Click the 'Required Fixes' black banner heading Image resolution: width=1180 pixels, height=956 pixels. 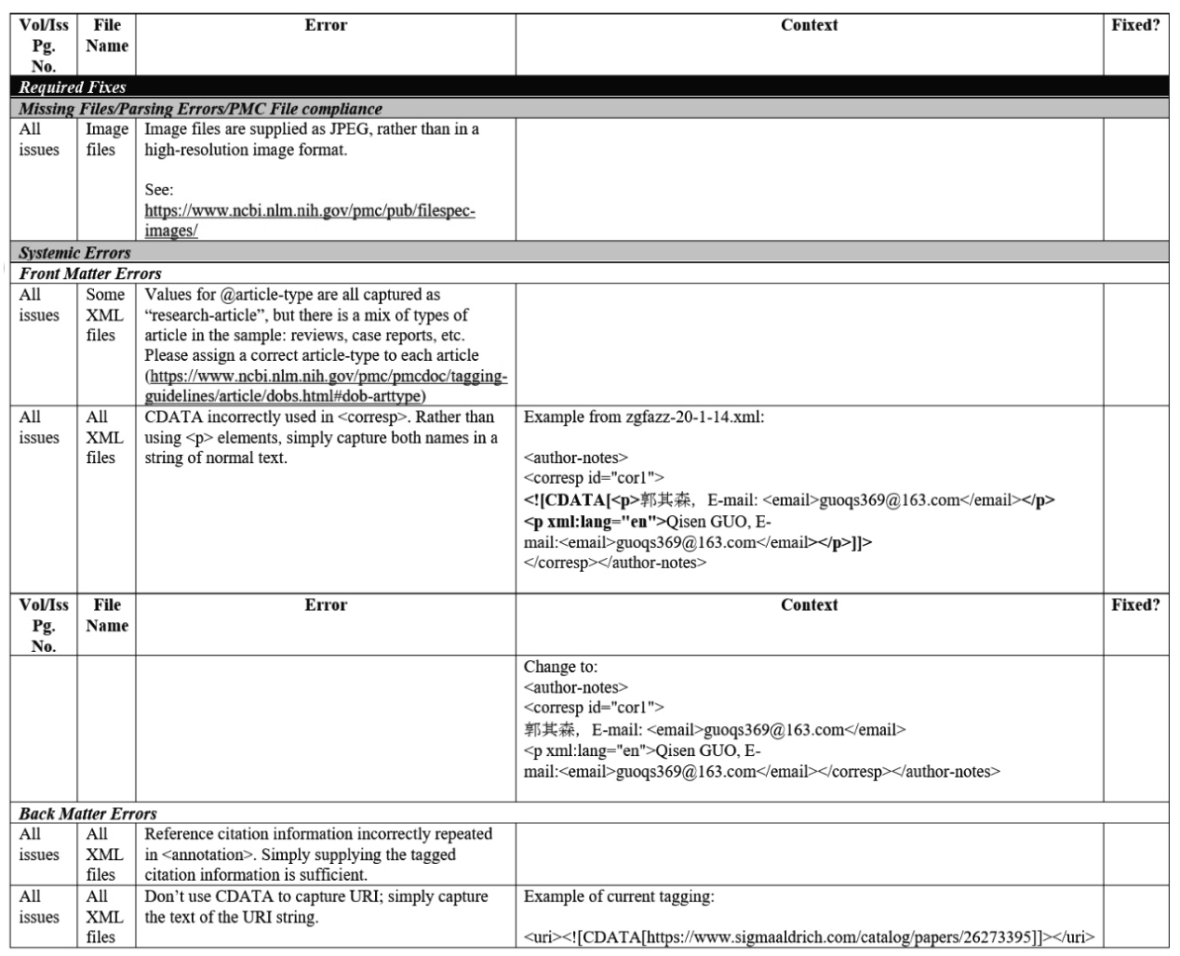[73, 87]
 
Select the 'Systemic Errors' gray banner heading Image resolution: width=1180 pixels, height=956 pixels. [74, 253]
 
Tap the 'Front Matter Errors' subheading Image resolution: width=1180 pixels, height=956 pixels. [90, 273]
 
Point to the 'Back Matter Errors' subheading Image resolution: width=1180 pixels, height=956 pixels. [87, 814]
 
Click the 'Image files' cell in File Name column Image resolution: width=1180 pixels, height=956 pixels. [107, 139]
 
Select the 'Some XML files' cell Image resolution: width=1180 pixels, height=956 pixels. [105, 314]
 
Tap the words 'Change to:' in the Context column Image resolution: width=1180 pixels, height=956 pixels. [560, 667]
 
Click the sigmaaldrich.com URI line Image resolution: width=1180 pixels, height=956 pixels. [809, 936]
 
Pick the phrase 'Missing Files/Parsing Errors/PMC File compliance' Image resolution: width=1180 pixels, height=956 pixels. [200, 109]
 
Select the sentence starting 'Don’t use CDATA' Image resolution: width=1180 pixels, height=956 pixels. [315, 907]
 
